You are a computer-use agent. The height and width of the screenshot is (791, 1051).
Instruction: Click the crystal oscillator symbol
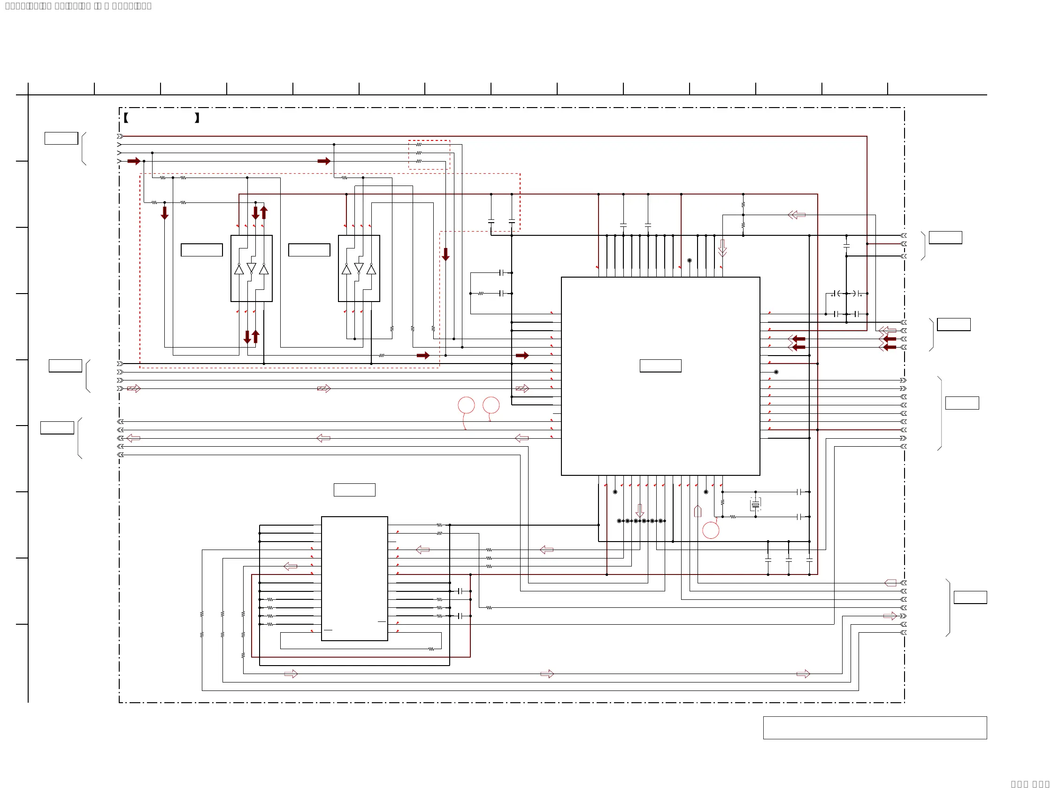coord(755,504)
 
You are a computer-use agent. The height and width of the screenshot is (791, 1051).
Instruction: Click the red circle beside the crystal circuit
coord(710,530)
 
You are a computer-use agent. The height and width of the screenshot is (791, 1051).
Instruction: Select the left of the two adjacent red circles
coord(466,405)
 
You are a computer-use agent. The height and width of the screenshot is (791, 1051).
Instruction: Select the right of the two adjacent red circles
coord(491,405)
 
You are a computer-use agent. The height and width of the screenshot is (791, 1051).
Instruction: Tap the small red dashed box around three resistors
coord(429,155)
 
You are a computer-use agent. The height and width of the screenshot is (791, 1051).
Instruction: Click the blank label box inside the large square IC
coord(660,365)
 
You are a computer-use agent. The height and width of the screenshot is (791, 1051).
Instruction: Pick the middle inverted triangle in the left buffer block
coord(251,268)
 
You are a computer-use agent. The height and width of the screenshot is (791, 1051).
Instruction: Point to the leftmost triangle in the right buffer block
coord(346,270)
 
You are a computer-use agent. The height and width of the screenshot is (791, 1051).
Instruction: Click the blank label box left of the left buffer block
coord(201,250)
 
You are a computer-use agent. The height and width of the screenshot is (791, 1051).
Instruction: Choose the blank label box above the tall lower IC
coord(354,489)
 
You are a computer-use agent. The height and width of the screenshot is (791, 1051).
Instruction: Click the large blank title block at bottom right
coord(875,728)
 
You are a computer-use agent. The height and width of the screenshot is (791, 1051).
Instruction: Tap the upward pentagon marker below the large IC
coord(698,511)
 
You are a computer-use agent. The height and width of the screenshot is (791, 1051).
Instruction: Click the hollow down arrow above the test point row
coord(640,511)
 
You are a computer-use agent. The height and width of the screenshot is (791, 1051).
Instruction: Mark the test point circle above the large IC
coord(690,261)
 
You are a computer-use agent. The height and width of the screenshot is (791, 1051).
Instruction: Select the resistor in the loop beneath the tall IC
coord(431,649)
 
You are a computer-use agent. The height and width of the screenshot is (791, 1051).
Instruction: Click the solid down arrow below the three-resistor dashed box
coord(445,254)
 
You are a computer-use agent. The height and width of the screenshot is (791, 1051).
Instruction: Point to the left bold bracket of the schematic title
coord(126,118)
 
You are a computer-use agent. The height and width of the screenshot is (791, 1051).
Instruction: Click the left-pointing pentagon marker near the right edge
coord(890,583)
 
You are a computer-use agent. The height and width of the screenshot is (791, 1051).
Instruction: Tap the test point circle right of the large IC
coord(776,372)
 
